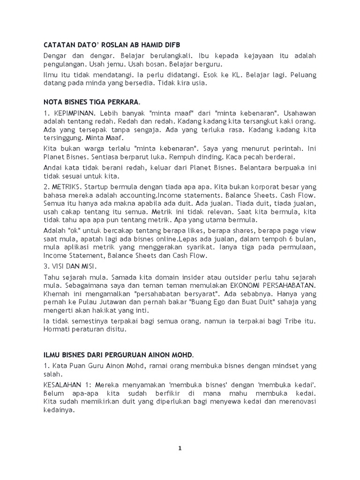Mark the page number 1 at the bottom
[x=180, y=448]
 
